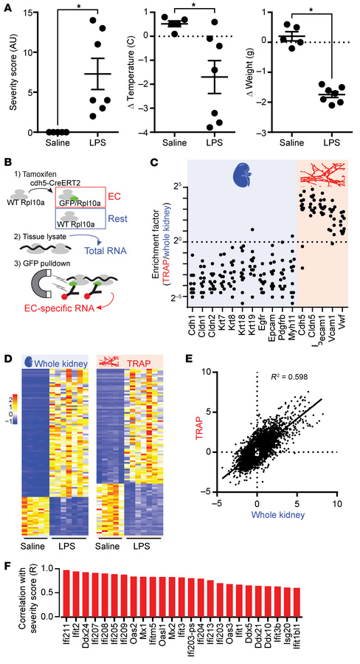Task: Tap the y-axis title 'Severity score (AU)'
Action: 10,71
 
